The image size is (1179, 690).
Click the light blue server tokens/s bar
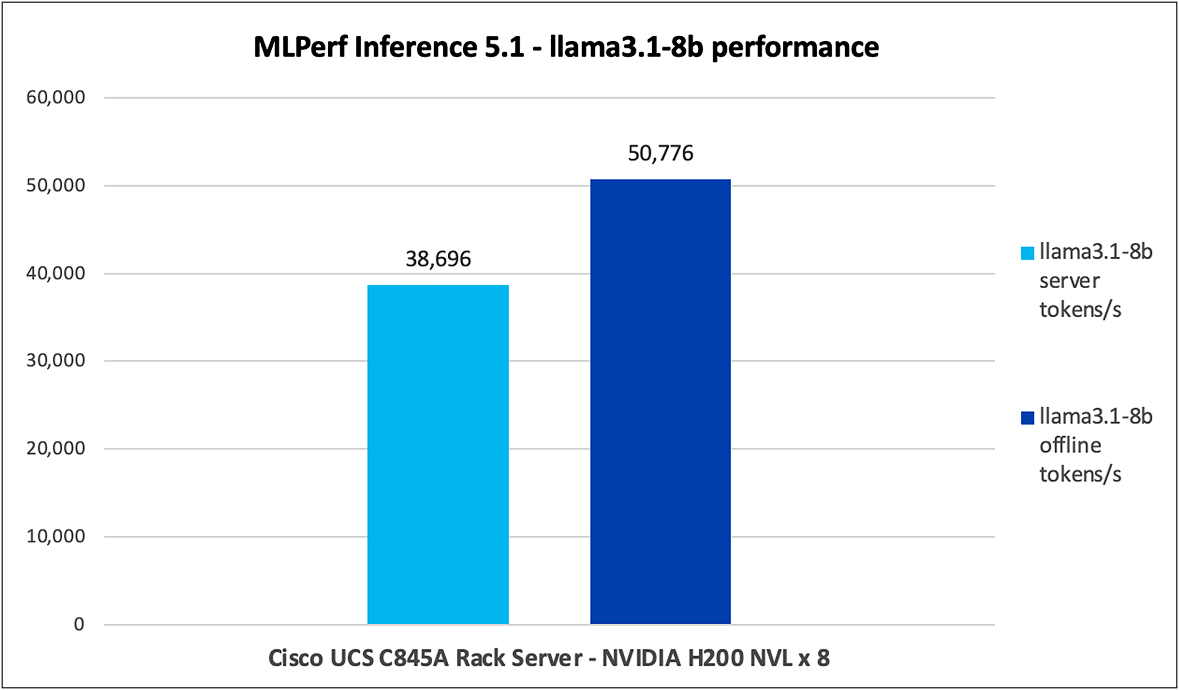pyautogui.click(x=438, y=454)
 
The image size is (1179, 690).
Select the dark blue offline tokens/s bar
pyautogui.click(x=660, y=402)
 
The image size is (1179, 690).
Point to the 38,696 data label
pyautogui.click(x=438, y=259)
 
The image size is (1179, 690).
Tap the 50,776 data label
pyautogui.click(x=660, y=154)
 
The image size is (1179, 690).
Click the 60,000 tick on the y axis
pyautogui.click(x=55, y=97)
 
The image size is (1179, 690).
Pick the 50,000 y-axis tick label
pyautogui.click(x=55, y=185)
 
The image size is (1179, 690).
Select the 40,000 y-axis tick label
pyautogui.click(x=55, y=273)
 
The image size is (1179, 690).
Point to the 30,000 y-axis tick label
pyautogui.click(x=55, y=360)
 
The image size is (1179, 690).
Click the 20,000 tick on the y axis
pyautogui.click(x=55, y=448)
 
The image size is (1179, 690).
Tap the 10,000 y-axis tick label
pyautogui.click(x=55, y=536)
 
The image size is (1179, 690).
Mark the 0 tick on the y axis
pyautogui.click(x=79, y=624)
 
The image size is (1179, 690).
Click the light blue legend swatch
pyautogui.click(x=1027, y=253)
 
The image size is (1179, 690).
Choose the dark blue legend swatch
pyautogui.click(x=1027, y=418)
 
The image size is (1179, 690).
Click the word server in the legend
pyautogui.click(x=1069, y=282)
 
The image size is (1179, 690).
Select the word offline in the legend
pyautogui.click(x=1070, y=446)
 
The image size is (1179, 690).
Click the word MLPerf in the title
pyautogui.click(x=300, y=48)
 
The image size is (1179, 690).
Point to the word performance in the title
pyautogui.click(x=795, y=48)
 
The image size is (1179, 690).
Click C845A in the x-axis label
pyautogui.click(x=413, y=658)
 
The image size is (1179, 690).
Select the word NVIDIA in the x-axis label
pyautogui.click(x=641, y=658)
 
